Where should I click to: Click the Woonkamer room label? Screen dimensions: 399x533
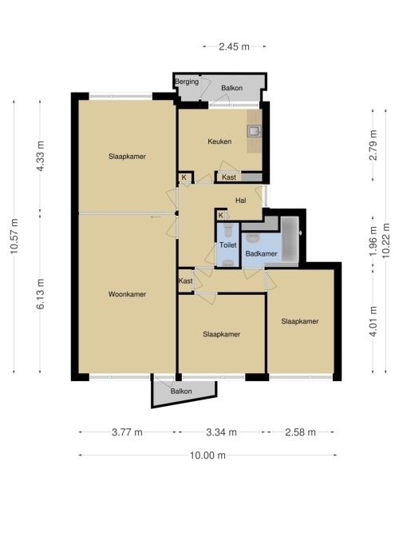[x=127, y=294]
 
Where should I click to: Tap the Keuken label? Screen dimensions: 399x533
[x=219, y=141]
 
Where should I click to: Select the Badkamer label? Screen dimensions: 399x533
[x=261, y=253]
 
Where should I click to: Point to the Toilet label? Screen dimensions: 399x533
[x=228, y=245]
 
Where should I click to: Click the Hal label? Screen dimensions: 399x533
[x=241, y=201]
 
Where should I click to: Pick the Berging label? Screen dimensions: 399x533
[x=187, y=82]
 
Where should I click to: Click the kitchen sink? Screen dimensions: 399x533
[x=254, y=131]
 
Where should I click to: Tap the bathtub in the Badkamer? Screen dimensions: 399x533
[x=290, y=239]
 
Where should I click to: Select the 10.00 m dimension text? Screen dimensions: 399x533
[x=207, y=455]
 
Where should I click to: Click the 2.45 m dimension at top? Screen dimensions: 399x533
[x=234, y=46]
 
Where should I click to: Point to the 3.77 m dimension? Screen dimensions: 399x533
[x=127, y=432]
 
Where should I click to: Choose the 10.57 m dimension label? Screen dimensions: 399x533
[x=14, y=237]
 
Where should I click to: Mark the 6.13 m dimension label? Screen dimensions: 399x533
[x=40, y=294]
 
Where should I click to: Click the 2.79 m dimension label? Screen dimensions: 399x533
[x=373, y=145]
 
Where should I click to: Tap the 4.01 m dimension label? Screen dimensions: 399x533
[x=373, y=321]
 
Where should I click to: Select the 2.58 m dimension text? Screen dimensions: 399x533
[x=300, y=432]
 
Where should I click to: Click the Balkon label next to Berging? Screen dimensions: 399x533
[x=232, y=88]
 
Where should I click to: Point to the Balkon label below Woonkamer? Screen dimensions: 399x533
[x=181, y=392]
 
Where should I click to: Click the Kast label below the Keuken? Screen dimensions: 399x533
[x=229, y=177]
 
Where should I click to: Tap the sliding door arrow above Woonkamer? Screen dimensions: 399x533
[x=156, y=217]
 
